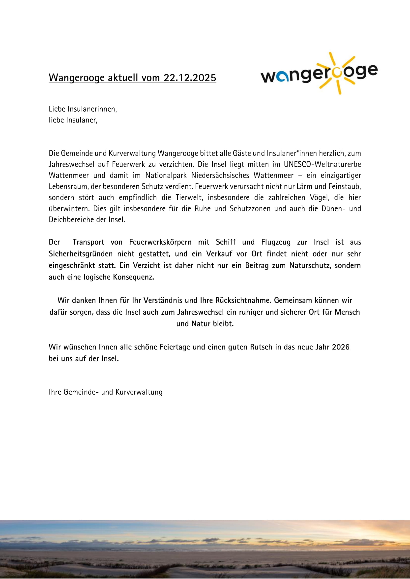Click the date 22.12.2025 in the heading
tap(190, 77)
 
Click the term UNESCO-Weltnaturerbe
tap(322, 164)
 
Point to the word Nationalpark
tap(166, 175)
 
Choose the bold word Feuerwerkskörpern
tap(160, 242)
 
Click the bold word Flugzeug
tap(276, 242)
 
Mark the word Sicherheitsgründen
tap(81, 254)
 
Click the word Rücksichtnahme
tap(243, 300)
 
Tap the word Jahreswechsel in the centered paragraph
tap(201, 312)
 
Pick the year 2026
tap(341, 347)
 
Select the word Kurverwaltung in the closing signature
tap(139, 392)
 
